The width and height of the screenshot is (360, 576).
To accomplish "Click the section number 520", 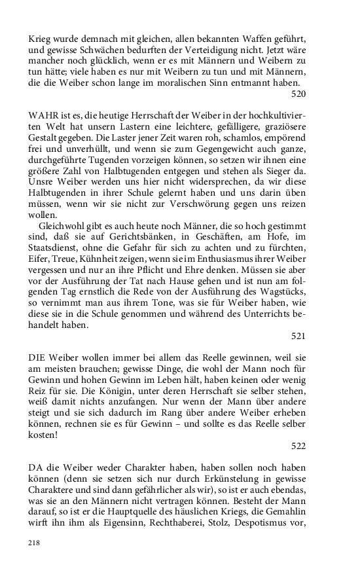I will pos(298,94).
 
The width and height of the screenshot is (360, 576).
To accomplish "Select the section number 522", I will pos(298,445).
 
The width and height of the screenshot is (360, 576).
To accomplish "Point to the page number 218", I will pos(35,543).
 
